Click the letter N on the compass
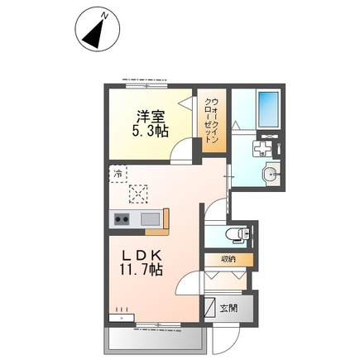[104, 17]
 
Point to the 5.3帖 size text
[151, 132]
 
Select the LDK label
[142, 257]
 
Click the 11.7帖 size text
[141, 270]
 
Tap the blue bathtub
[267, 108]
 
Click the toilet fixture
[238, 235]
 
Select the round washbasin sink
[271, 174]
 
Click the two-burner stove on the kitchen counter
[122, 220]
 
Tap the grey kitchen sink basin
[150, 219]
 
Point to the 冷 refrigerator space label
[118, 174]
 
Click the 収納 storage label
[228, 260]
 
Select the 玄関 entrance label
[228, 308]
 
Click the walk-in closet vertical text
[212, 121]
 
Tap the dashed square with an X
[138, 194]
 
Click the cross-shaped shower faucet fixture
[262, 148]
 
